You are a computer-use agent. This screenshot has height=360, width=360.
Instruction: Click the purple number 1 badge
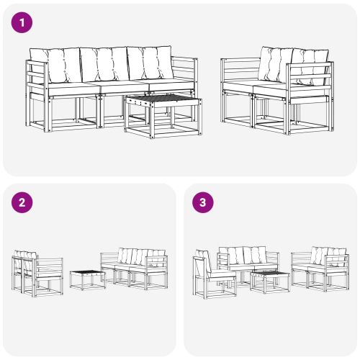[23, 23]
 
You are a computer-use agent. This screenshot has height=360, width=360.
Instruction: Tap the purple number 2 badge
[23, 202]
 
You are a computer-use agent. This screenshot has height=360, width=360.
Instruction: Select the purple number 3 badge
[203, 202]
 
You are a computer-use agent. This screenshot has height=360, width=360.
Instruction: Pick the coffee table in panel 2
[87, 278]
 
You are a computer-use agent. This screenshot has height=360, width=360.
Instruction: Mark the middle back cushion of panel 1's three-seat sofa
[104, 65]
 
